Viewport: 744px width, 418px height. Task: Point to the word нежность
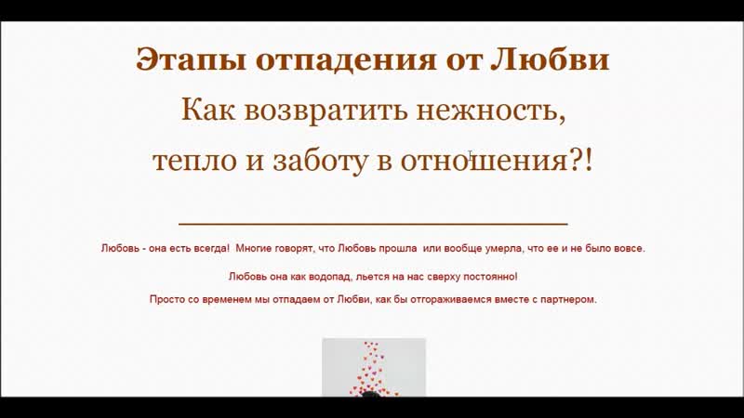(491, 111)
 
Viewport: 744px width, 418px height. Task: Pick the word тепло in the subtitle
(194, 161)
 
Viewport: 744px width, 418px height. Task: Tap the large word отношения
(484, 161)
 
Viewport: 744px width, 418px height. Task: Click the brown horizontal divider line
(373, 223)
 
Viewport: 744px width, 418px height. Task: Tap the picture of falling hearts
(374, 367)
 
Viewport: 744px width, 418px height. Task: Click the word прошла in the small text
(398, 248)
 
